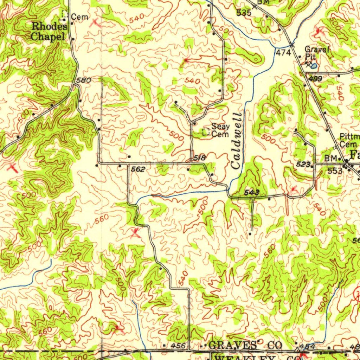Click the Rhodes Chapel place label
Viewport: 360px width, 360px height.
(49, 31)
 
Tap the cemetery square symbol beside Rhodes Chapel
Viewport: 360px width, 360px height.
(64, 14)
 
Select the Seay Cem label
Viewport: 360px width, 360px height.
(220, 130)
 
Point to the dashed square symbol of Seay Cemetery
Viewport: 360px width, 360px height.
(206, 132)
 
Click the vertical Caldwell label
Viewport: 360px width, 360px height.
(237, 140)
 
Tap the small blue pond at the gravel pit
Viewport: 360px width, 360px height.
(314, 65)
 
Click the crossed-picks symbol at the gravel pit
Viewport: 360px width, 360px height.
(308, 64)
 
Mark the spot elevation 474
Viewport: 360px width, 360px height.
(283, 53)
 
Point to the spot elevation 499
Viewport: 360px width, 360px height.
(316, 79)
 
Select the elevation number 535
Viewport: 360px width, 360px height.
(244, 13)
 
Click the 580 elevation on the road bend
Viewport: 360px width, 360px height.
(84, 80)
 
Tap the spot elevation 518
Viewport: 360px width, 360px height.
(199, 159)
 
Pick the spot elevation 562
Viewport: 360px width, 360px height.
(138, 169)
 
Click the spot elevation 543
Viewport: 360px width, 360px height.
(252, 192)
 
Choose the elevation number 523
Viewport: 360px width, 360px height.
(303, 164)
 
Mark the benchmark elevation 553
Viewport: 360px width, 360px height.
(335, 171)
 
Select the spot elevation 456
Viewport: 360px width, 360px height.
(178, 346)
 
